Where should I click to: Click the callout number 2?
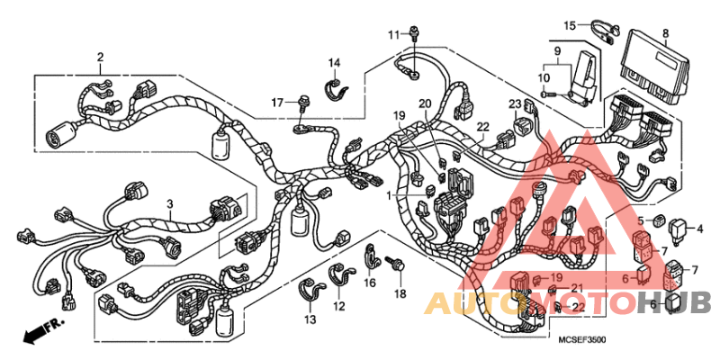point(100,57)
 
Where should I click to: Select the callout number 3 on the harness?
point(168,206)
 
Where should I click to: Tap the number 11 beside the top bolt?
point(393,35)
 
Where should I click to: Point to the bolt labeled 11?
point(413,34)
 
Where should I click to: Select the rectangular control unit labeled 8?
point(658,65)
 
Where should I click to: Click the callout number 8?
point(665,34)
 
